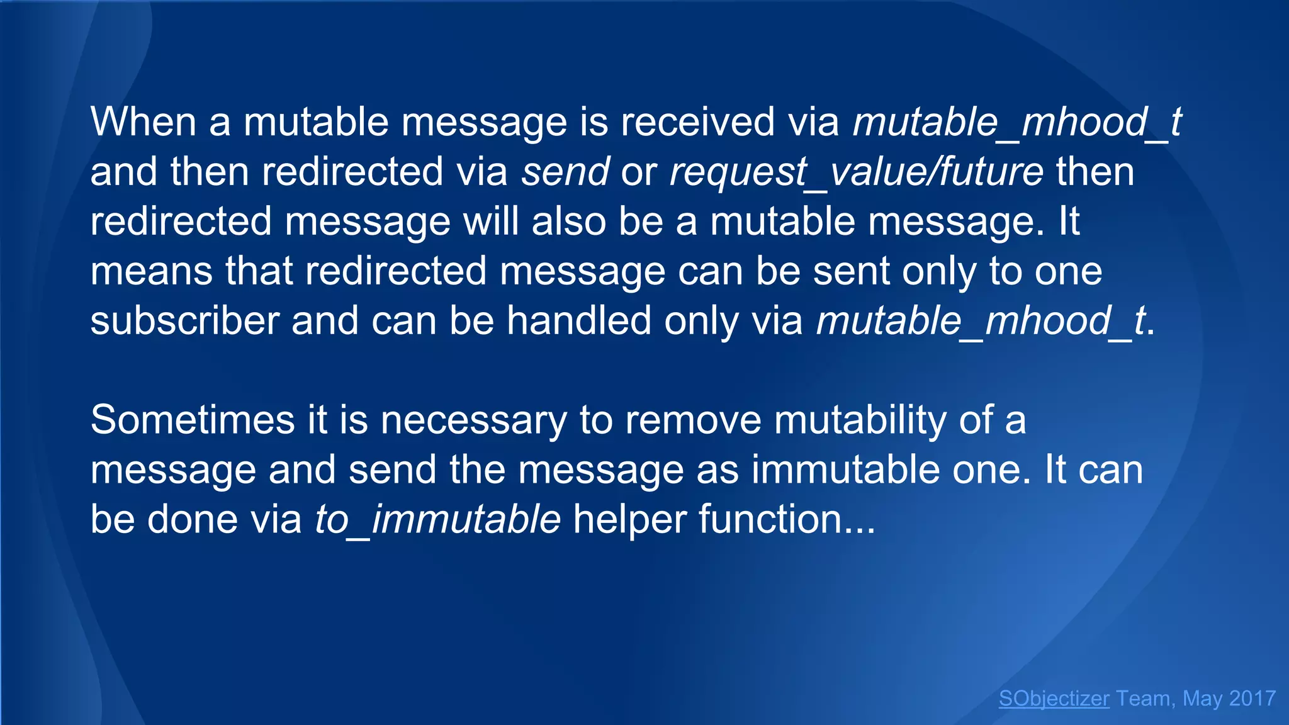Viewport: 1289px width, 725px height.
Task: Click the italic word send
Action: click(565, 171)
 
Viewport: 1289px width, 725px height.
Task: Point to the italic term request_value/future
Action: click(856, 171)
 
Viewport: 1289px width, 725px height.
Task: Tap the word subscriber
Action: click(184, 320)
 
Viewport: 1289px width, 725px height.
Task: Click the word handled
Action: click(579, 320)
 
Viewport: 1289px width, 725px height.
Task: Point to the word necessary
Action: click(473, 420)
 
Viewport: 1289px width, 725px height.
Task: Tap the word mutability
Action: click(860, 420)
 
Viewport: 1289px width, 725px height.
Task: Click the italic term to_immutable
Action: click(437, 519)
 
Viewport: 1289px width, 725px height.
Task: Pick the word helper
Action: click(629, 519)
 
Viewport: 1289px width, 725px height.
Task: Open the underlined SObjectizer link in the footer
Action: click(1054, 699)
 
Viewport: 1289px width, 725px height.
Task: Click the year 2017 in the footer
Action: click(1252, 699)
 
